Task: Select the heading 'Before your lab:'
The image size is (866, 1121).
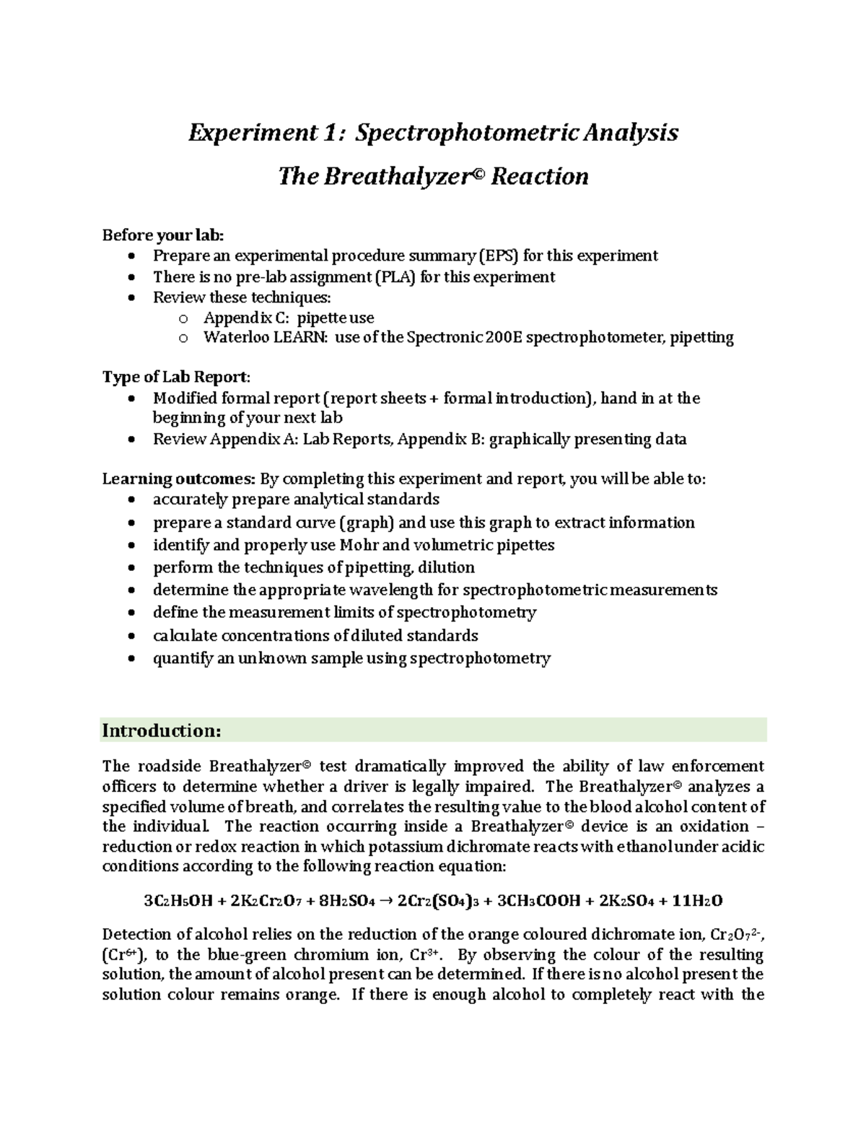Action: tap(163, 235)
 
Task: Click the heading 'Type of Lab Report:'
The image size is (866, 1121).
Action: tap(177, 378)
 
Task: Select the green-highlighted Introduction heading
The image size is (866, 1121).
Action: tap(162, 730)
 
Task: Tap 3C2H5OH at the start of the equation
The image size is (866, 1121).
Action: tap(177, 901)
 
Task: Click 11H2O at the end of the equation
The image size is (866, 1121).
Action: tap(696, 901)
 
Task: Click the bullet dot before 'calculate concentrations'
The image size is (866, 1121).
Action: tap(130, 637)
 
